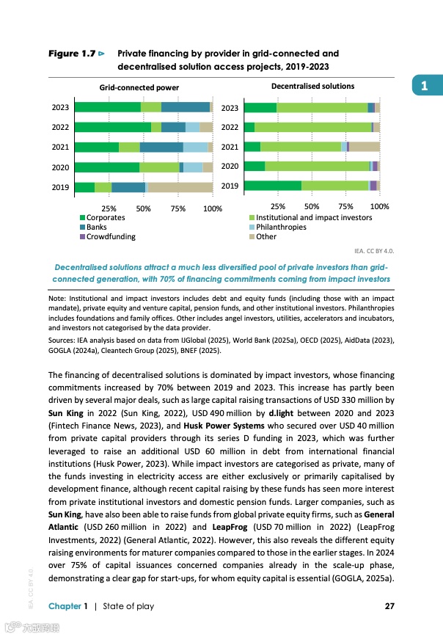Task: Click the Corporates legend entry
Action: [105, 217]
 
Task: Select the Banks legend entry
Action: [96, 227]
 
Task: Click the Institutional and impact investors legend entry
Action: [314, 217]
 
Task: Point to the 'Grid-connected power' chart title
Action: [139, 87]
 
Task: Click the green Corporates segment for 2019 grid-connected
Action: [84, 187]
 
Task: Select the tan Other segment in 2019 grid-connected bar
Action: [180, 187]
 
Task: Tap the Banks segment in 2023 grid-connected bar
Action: [185, 107]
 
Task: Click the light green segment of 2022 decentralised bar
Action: [312, 128]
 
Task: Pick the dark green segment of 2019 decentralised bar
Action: [273, 186]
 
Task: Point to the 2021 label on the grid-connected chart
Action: [60, 147]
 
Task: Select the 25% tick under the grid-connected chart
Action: [109, 209]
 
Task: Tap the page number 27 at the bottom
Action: [390, 605]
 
